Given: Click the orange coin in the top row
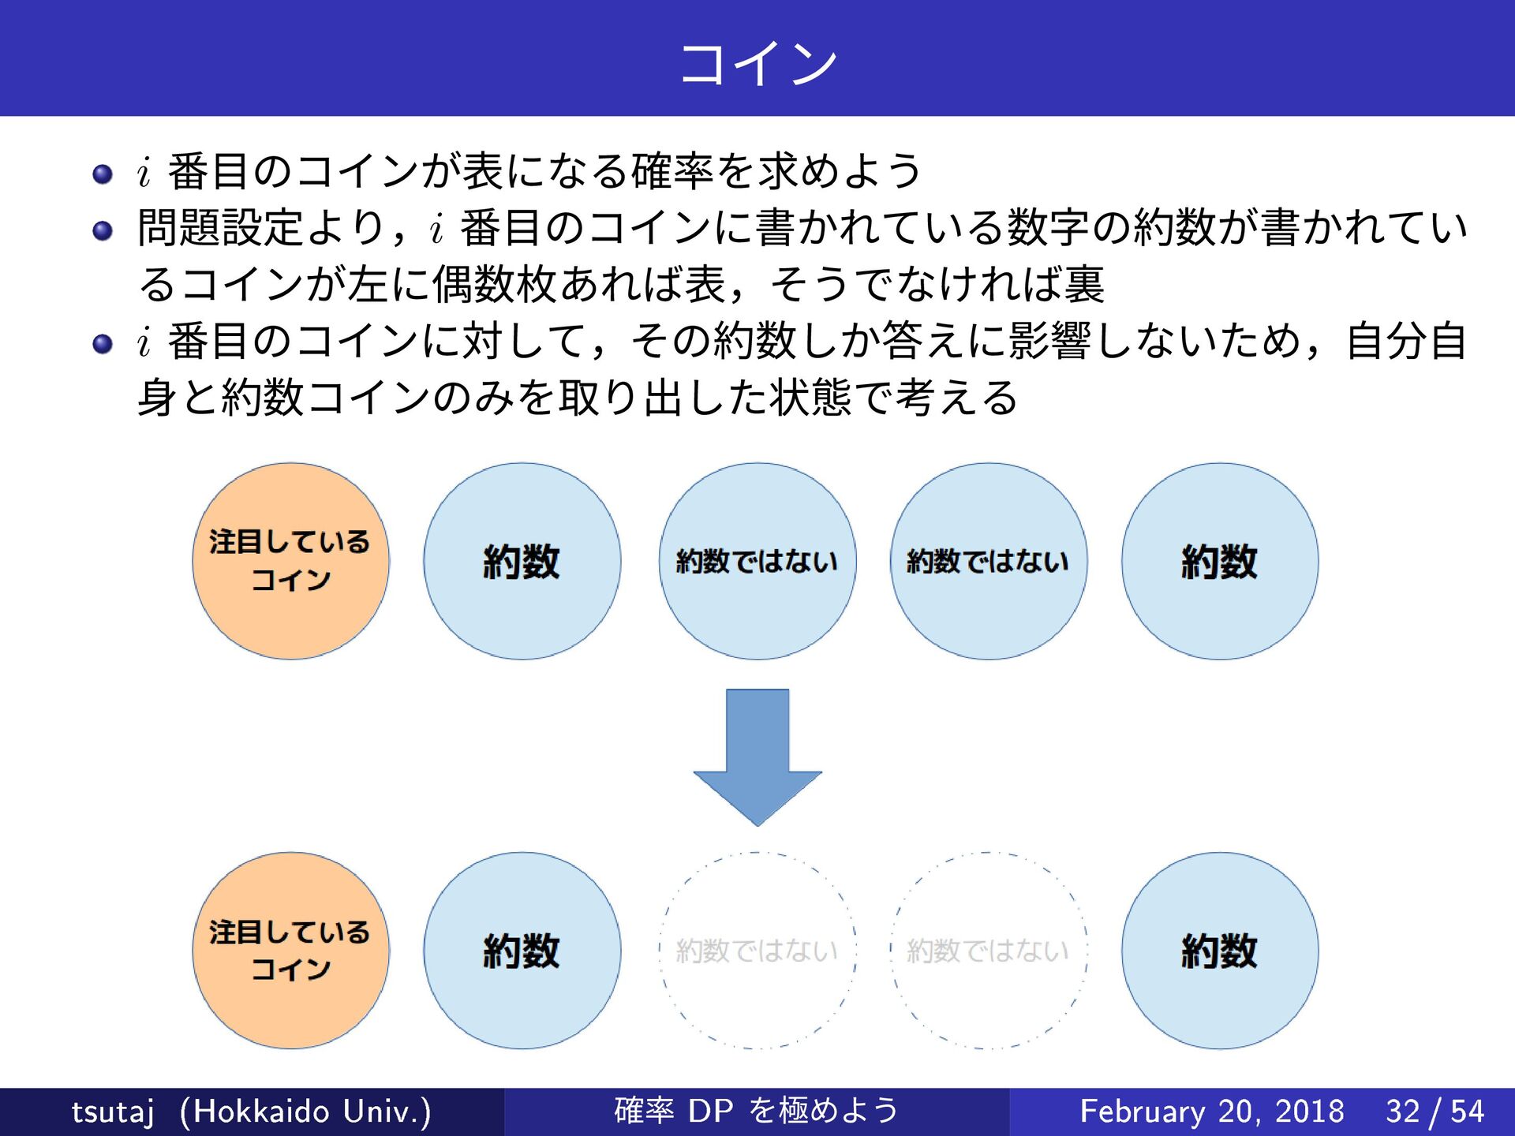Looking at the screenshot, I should pyautogui.click(x=291, y=561).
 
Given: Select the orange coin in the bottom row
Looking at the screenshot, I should pyautogui.click(x=291, y=950).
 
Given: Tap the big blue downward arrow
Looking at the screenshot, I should pyautogui.click(x=757, y=757).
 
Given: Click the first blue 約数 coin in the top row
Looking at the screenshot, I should pyautogui.click(x=522, y=561).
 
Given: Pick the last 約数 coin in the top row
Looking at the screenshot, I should pyautogui.click(x=1220, y=561).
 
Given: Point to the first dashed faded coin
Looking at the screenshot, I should pyautogui.click(x=757, y=950).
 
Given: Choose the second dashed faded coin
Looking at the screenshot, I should pyautogui.click(x=989, y=950).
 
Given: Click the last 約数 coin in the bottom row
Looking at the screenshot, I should pyautogui.click(x=1220, y=950).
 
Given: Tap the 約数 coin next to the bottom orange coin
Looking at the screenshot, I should pyautogui.click(x=522, y=950).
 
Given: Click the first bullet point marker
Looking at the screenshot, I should pyautogui.click(x=103, y=174).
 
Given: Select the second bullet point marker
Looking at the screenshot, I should pyautogui.click(x=103, y=230).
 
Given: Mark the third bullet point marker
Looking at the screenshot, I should pyautogui.click(x=103, y=344).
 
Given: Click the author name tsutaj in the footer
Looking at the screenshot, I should pyautogui.click(x=112, y=1112).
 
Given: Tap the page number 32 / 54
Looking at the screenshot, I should pyautogui.click(x=1435, y=1112).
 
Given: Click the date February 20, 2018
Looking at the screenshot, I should pyautogui.click(x=1211, y=1112).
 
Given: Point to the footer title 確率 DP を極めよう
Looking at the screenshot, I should pyautogui.click(x=756, y=1111).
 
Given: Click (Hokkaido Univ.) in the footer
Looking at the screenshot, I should pyautogui.click(x=305, y=1112).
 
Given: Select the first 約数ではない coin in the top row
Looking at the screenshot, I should pyautogui.click(x=757, y=561).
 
